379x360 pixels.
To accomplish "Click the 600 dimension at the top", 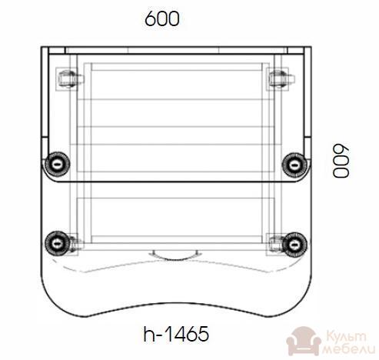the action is click(x=162, y=18).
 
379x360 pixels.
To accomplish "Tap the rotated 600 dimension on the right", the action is click(x=341, y=161).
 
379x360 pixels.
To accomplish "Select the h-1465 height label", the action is click(x=176, y=334).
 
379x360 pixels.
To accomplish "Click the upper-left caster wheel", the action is click(x=58, y=165).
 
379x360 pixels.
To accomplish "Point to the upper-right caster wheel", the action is click(x=294, y=165).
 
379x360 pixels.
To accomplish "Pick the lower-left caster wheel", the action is click(x=57, y=243).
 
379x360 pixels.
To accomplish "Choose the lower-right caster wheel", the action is click(x=294, y=245).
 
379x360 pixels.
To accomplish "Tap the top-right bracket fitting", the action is click(x=281, y=78).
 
